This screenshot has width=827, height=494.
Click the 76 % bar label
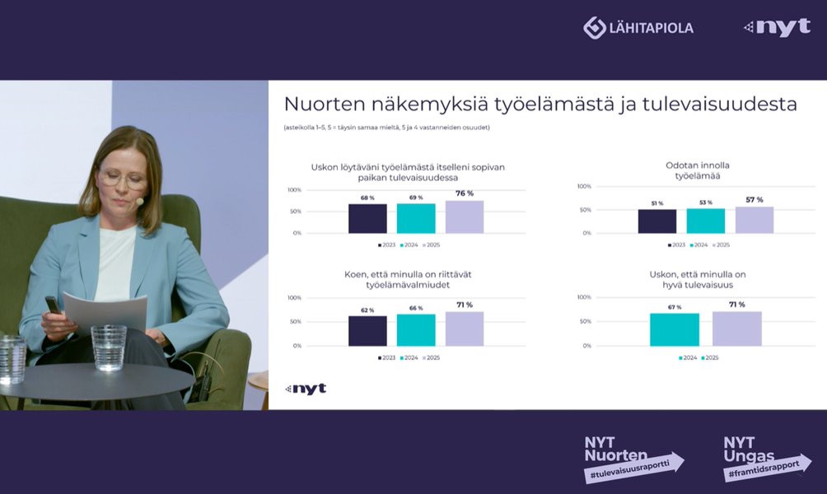[x=465, y=193]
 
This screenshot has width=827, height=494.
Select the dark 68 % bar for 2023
[x=367, y=219]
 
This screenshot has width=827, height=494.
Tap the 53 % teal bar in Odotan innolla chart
[x=706, y=221]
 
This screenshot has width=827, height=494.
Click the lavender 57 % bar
[x=755, y=220]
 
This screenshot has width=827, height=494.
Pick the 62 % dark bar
[x=367, y=330]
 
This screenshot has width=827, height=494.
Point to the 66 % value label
[x=416, y=308]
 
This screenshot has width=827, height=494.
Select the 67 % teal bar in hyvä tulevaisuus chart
[x=675, y=329]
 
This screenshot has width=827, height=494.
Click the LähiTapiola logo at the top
[x=638, y=27]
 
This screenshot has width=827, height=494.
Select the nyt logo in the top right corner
[x=778, y=27]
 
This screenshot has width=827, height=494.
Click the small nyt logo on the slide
[x=306, y=389]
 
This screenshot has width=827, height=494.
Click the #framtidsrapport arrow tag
[x=766, y=467]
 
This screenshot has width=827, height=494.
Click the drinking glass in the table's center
[x=109, y=347]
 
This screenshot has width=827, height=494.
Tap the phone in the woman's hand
[x=53, y=305]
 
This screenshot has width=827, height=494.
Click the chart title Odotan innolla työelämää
[x=697, y=170]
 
